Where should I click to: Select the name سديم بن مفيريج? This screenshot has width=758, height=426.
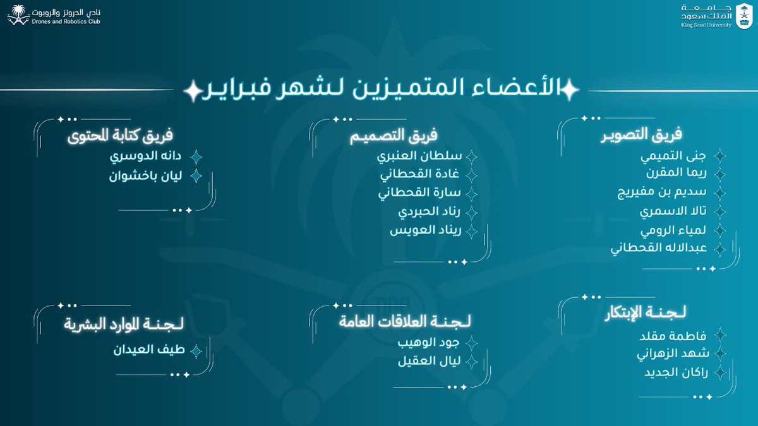tap(656, 192)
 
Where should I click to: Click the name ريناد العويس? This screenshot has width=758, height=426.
tap(424, 230)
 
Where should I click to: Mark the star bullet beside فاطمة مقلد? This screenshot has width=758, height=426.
tap(719, 335)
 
